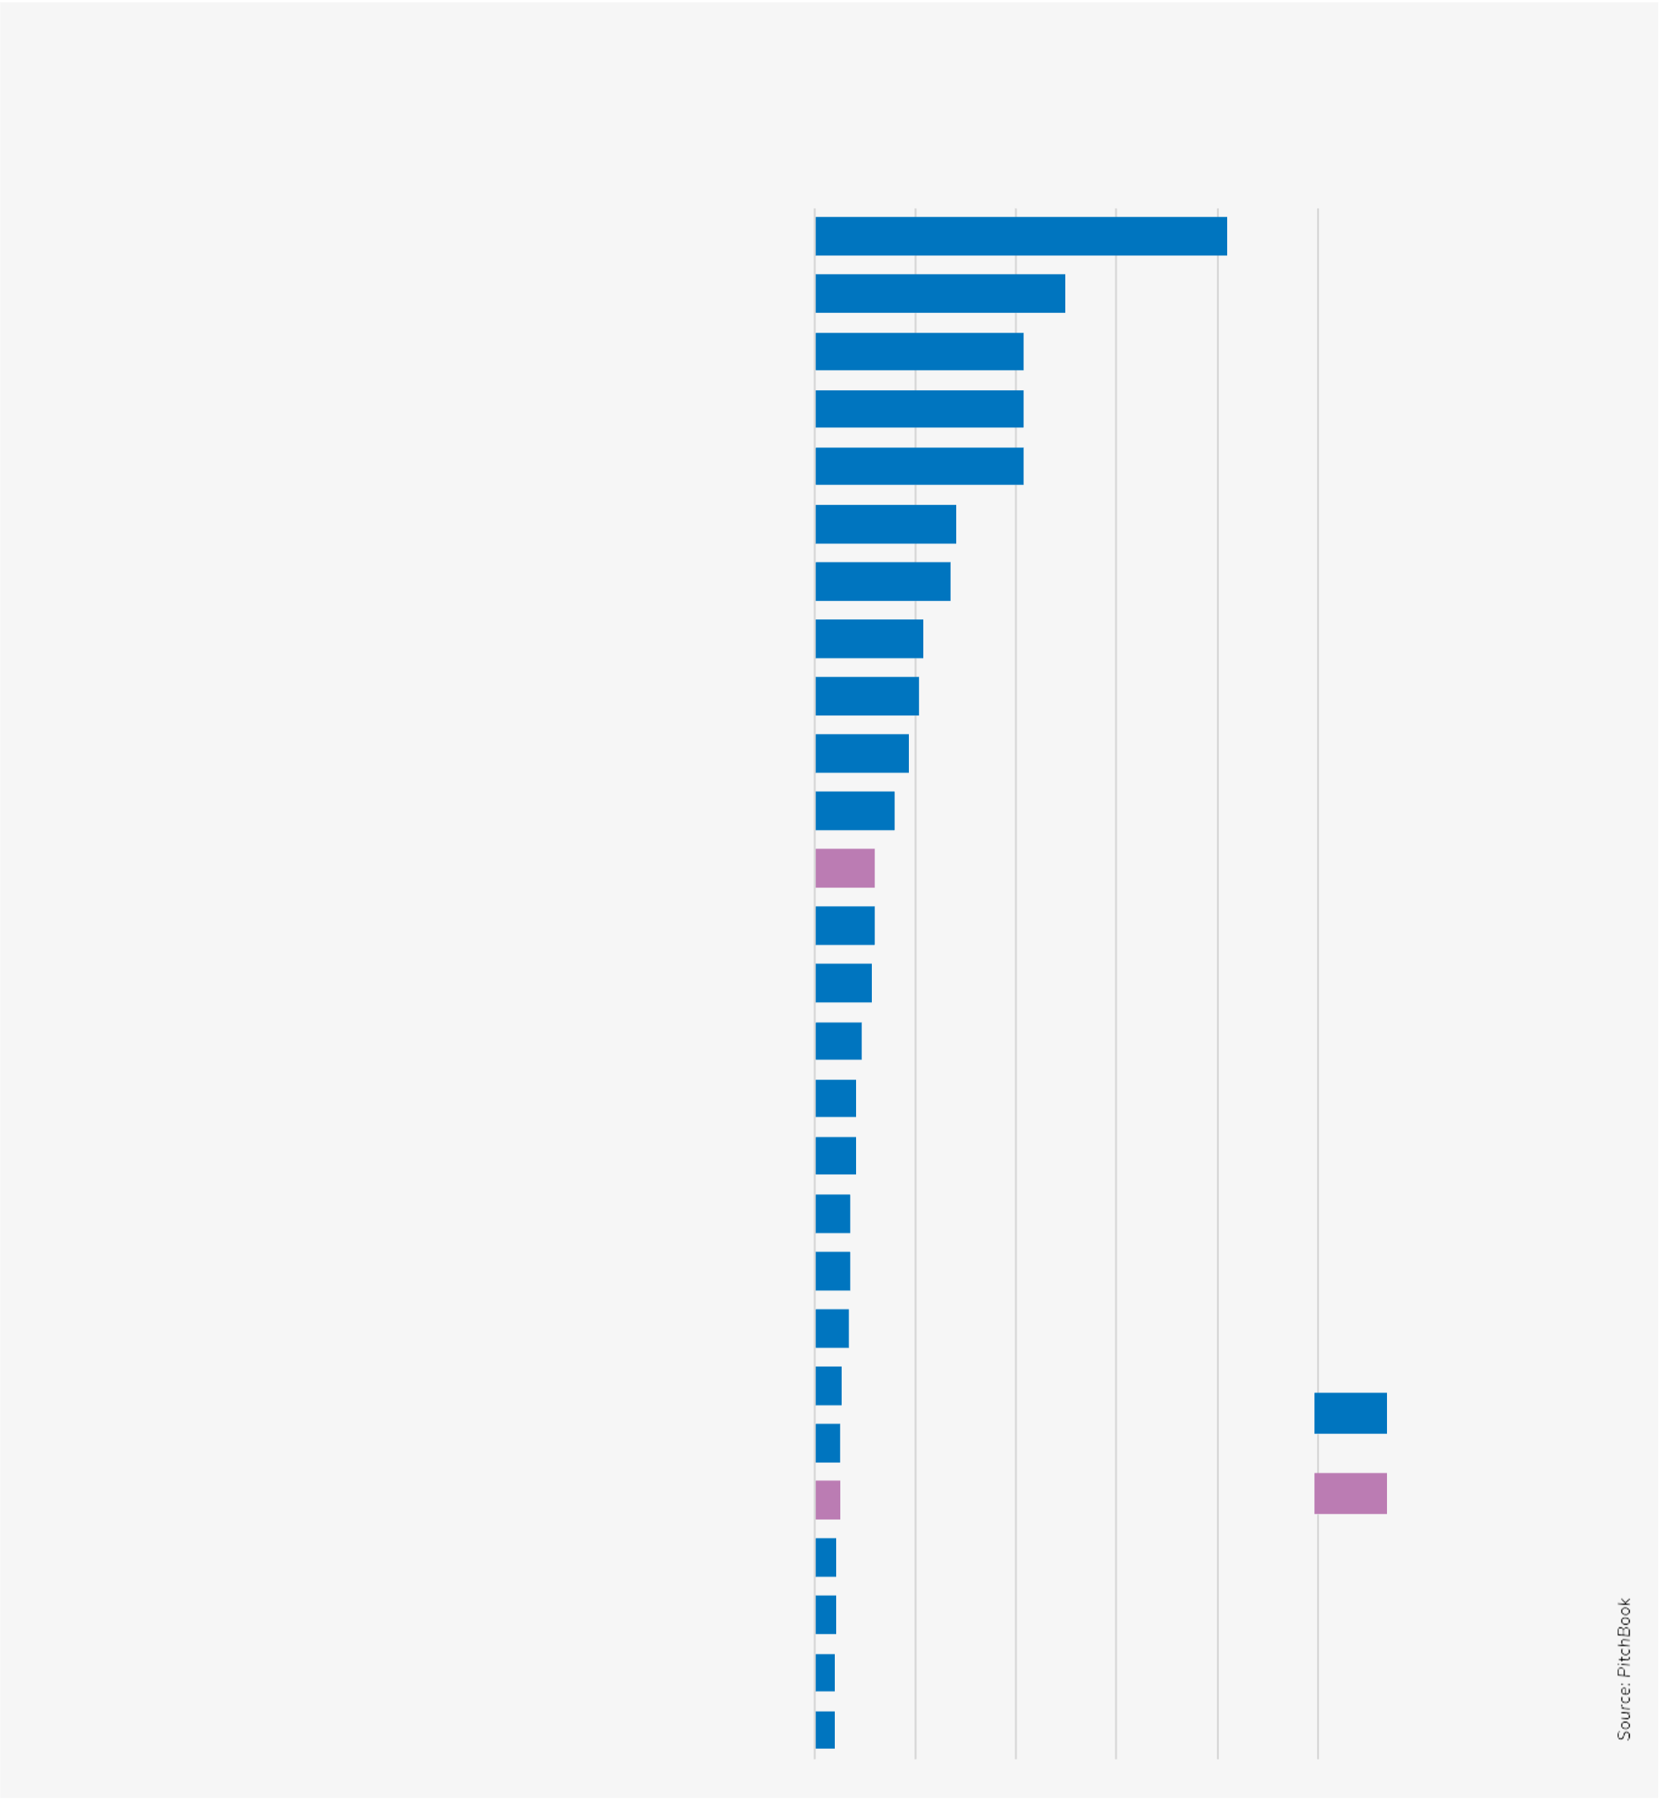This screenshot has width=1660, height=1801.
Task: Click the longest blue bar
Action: (x=1021, y=236)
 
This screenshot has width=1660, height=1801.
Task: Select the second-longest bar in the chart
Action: (x=940, y=294)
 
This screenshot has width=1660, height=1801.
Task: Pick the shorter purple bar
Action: (x=827, y=1500)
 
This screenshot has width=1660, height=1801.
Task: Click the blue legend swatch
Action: (x=1350, y=1413)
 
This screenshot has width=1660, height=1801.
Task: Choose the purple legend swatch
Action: (x=1350, y=1493)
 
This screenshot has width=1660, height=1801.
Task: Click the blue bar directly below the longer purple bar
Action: (x=844, y=926)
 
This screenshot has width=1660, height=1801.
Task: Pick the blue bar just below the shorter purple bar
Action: (x=825, y=1558)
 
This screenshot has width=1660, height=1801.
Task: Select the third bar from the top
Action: (x=919, y=351)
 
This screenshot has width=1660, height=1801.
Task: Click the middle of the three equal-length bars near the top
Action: (x=919, y=409)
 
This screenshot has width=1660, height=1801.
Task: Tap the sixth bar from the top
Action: (x=885, y=525)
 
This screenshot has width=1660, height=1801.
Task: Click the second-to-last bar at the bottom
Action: (x=825, y=1673)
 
